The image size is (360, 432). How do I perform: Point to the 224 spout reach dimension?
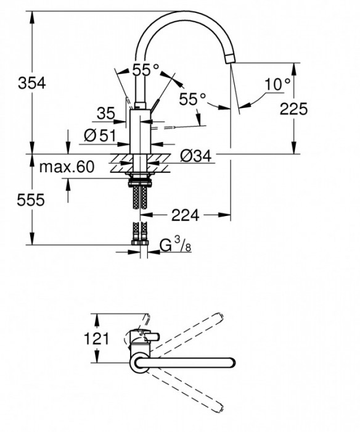click(185, 215)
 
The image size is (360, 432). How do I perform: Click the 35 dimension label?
click(106, 113)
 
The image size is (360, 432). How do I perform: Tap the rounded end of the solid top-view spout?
click(231, 362)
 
